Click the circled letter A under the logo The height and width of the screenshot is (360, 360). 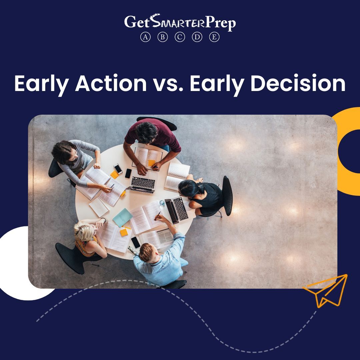[x=145, y=37]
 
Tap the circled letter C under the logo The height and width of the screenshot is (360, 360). [x=180, y=37]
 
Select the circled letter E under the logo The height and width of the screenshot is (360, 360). [x=214, y=37]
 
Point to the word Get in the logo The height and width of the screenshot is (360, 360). [x=137, y=22]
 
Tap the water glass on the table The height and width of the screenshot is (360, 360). [x=162, y=203]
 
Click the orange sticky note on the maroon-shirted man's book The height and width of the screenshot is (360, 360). [x=152, y=163]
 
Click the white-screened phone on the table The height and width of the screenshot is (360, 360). [x=118, y=169]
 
